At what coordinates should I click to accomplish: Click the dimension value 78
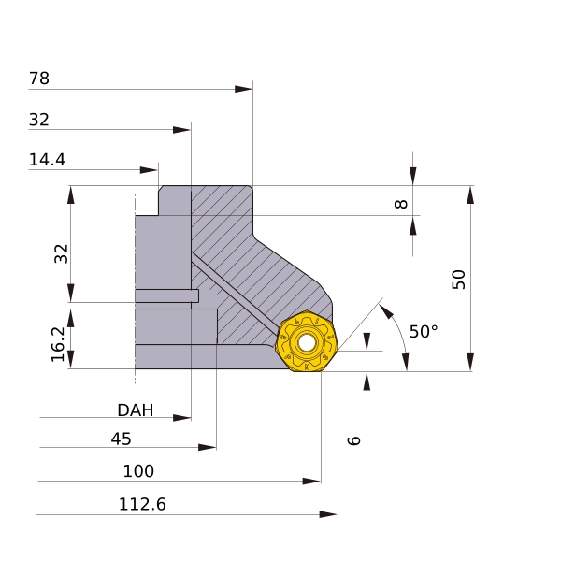click(39, 79)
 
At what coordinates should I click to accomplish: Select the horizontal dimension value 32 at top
click(39, 120)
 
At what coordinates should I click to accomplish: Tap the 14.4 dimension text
click(47, 160)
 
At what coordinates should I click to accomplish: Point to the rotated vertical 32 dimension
click(62, 253)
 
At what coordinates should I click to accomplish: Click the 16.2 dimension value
click(59, 344)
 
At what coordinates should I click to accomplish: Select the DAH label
click(136, 410)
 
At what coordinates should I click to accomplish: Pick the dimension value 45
click(122, 439)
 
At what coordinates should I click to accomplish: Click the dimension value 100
click(138, 471)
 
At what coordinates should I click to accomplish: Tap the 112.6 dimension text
click(142, 505)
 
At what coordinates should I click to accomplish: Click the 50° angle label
click(424, 332)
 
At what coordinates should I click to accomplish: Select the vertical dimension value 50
click(458, 279)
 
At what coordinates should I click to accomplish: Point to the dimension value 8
click(402, 203)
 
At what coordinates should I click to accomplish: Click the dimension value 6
click(353, 439)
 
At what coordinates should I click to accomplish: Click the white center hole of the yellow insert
click(307, 343)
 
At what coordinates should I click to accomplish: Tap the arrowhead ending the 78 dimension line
click(244, 89)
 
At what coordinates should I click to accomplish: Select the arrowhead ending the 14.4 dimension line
click(149, 170)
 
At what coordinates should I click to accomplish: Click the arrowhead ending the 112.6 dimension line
click(328, 514)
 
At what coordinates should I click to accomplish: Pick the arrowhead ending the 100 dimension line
click(311, 482)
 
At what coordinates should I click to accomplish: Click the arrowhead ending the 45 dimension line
click(208, 448)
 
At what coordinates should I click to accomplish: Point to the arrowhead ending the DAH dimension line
click(182, 418)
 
